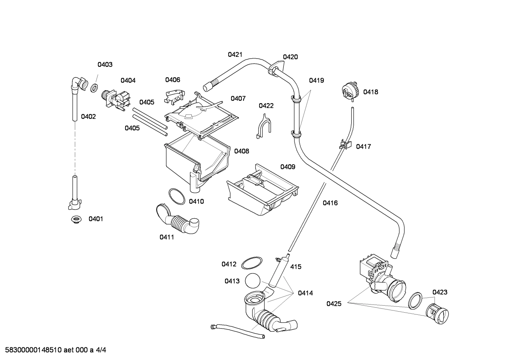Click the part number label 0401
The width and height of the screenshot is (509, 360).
[96, 219]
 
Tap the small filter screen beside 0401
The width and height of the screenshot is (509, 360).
[75, 220]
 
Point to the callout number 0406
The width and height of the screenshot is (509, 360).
[173, 80]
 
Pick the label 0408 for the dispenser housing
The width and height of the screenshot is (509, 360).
[241, 151]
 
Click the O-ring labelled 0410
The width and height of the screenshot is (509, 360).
[176, 196]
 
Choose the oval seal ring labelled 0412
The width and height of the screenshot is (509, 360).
[252, 263]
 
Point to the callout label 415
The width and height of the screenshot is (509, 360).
[296, 267]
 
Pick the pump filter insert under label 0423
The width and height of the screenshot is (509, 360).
[437, 313]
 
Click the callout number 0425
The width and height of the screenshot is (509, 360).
[334, 303]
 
